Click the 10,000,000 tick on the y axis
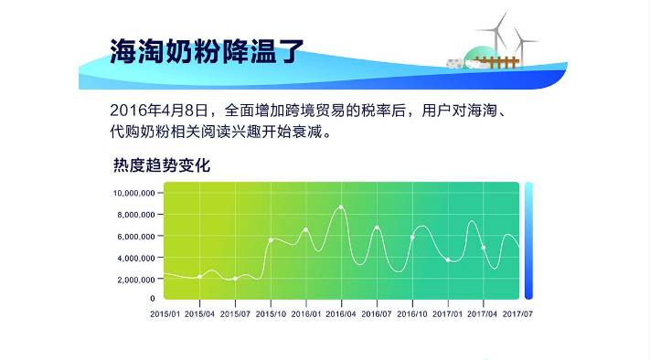tap(133, 194)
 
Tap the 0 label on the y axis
tap(153, 299)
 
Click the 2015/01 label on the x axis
tap(165, 313)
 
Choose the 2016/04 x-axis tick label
tap(341, 313)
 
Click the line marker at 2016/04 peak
tap(341, 207)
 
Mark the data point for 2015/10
tap(271, 240)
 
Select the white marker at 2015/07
tap(235, 279)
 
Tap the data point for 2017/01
tap(448, 260)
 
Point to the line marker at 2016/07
tap(377, 228)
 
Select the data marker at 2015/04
tap(199, 276)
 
